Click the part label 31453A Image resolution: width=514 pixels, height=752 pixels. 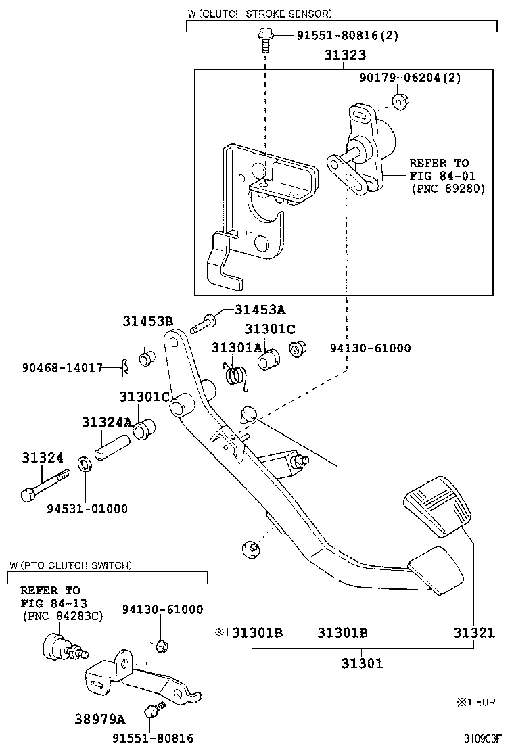click(260, 310)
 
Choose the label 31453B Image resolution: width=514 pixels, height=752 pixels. click(147, 321)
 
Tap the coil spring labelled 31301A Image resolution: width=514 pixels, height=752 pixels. click(236, 376)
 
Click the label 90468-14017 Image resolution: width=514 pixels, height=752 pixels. click(62, 368)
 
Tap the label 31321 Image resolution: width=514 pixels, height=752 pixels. click(474, 633)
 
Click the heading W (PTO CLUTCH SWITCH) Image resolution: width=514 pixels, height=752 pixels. click(71, 565)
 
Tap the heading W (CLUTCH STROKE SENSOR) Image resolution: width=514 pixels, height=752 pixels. click(259, 13)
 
